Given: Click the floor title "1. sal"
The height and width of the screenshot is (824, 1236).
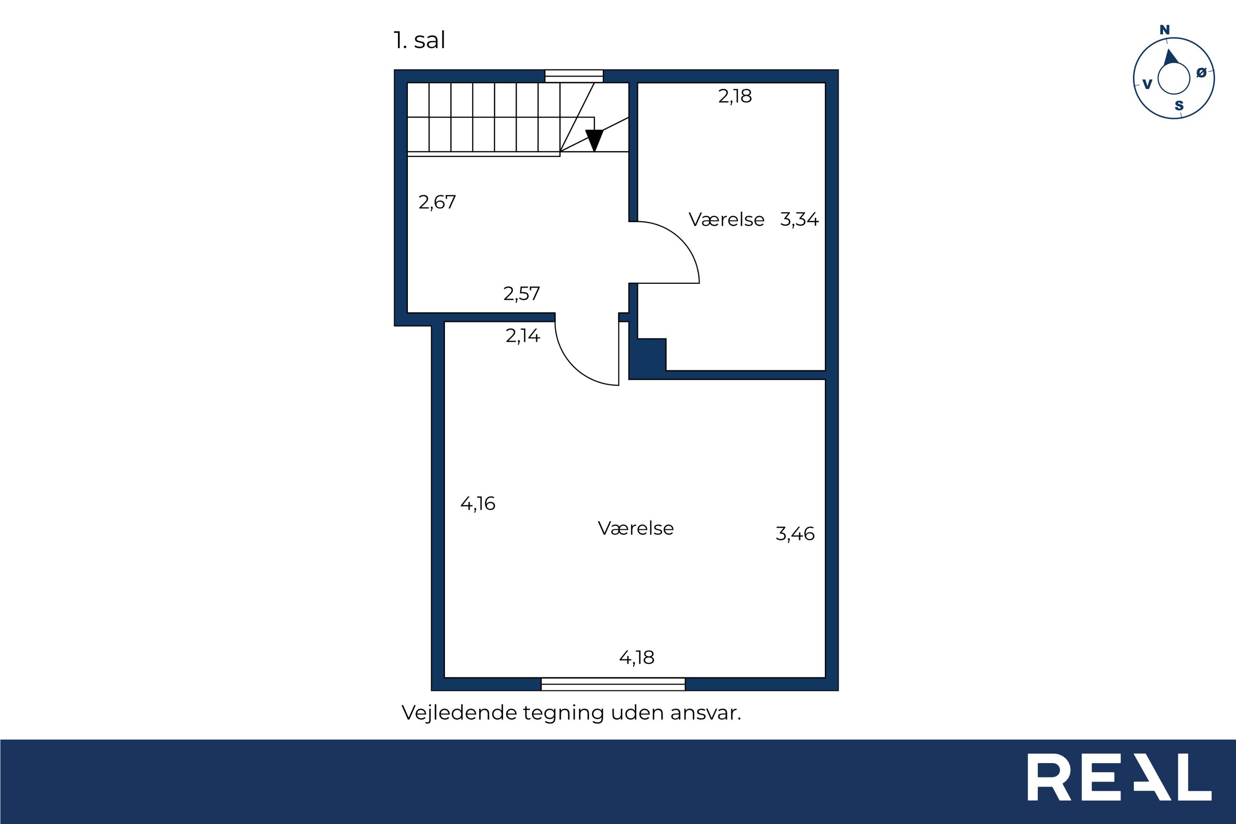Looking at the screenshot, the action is click(x=419, y=40).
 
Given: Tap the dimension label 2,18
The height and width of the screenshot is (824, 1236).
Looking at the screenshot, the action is click(x=735, y=96).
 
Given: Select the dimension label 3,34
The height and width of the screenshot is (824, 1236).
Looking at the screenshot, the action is click(x=799, y=219).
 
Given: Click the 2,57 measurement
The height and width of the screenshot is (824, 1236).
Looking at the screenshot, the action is click(x=521, y=293).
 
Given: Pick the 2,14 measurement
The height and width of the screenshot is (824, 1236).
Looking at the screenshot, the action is click(x=522, y=335).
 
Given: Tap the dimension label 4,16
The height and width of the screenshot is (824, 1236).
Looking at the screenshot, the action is click(x=477, y=504).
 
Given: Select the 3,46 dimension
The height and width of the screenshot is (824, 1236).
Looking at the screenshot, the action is click(x=795, y=534).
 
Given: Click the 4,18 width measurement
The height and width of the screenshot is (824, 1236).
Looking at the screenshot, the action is click(x=637, y=658).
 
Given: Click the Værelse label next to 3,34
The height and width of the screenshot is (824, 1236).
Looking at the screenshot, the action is click(x=726, y=220).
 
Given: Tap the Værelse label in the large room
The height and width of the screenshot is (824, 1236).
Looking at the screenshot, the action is click(x=636, y=528).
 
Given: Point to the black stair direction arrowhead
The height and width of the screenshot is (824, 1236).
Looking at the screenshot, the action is click(x=594, y=140).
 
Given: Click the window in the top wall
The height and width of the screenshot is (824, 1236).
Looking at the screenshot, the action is click(x=574, y=76).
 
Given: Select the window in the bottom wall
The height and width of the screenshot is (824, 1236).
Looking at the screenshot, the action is click(x=613, y=684).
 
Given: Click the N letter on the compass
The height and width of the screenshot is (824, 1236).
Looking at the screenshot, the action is click(x=1165, y=30).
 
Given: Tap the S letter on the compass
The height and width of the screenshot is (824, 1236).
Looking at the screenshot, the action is click(x=1179, y=106).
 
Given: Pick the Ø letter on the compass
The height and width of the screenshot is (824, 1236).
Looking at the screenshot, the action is click(x=1201, y=73).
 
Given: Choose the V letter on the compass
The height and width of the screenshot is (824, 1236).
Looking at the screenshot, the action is click(x=1148, y=84).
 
